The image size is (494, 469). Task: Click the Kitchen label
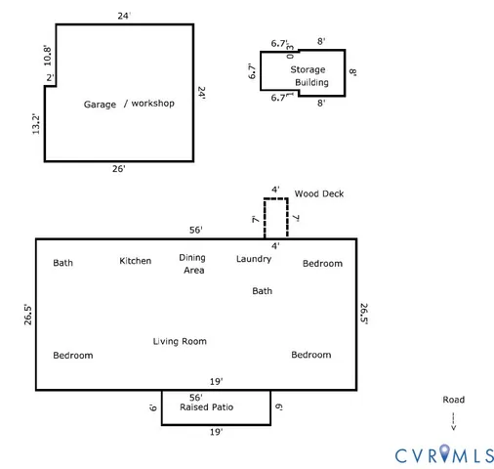[136, 261]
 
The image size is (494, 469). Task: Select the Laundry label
[254, 259]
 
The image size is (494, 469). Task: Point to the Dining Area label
[192, 264]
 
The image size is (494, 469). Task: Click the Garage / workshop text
[129, 104]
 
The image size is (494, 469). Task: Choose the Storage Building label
[308, 76]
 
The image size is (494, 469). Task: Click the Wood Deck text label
[318, 193]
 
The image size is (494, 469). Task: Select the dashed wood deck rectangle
[275, 217]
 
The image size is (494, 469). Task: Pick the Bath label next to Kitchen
[62, 263]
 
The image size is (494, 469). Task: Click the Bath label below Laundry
[263, 291]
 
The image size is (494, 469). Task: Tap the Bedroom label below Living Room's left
[72, 356]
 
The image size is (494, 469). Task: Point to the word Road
[453, 400]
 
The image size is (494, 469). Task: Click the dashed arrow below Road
[453, 421]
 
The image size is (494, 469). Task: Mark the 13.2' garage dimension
[34, 123]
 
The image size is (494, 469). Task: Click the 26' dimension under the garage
[118, 169]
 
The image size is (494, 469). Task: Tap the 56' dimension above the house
[196, 231]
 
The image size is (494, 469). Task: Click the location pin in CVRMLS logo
[445, 452]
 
